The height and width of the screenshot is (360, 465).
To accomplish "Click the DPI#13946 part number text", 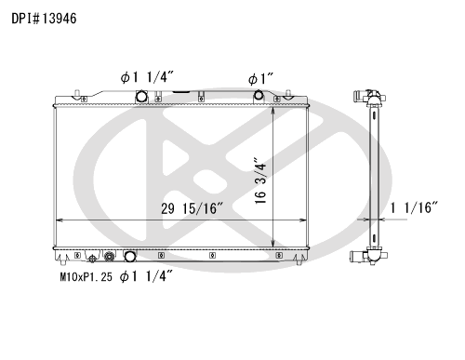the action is click(44, 19).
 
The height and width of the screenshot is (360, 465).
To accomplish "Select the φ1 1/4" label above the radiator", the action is click(147, 77).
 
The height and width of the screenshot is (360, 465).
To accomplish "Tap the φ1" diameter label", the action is click(260, 79).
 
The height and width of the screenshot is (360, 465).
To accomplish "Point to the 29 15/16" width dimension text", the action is click(192, 208).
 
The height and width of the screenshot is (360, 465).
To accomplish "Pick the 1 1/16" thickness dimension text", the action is click(414, 207).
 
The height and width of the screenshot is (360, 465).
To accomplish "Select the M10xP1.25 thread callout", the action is click(86, 276).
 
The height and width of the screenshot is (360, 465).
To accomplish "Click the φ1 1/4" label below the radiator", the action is click(146, 276).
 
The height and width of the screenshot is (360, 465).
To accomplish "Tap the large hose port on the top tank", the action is click(141, 96).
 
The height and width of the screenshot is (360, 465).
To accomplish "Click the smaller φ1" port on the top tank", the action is click(259, 95).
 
